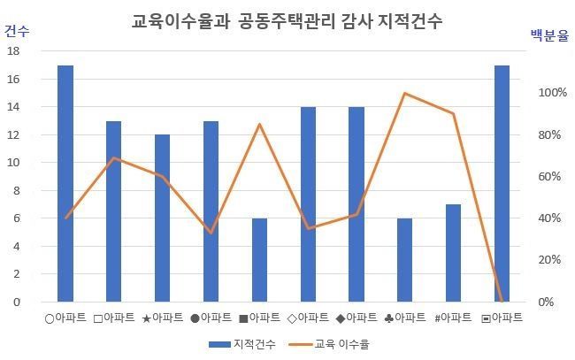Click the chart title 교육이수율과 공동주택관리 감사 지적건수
[x=287, y=21]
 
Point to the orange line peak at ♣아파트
[x=404, y=93]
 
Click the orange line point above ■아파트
[x=259, y=124]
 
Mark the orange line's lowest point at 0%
[x=502, y=301]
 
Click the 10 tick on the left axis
[x=12, y=163]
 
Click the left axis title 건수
[x=16, y=31]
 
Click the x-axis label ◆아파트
[x=356, y=317]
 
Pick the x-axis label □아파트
[x=113, y=317]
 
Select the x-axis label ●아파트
[x=211, y=317]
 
